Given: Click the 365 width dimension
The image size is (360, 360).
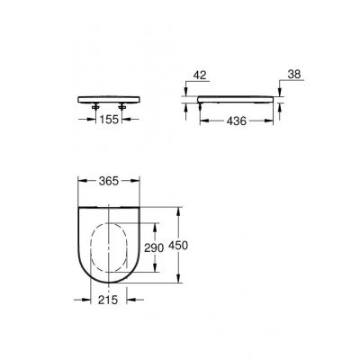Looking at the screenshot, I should pyautogui.click(x=109, y=182).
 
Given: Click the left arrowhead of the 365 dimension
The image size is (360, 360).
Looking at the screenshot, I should pyautogui.click(x=78, y=181).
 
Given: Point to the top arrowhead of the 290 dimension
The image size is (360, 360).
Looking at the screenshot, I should pyautogui.click(x=160, y=220).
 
